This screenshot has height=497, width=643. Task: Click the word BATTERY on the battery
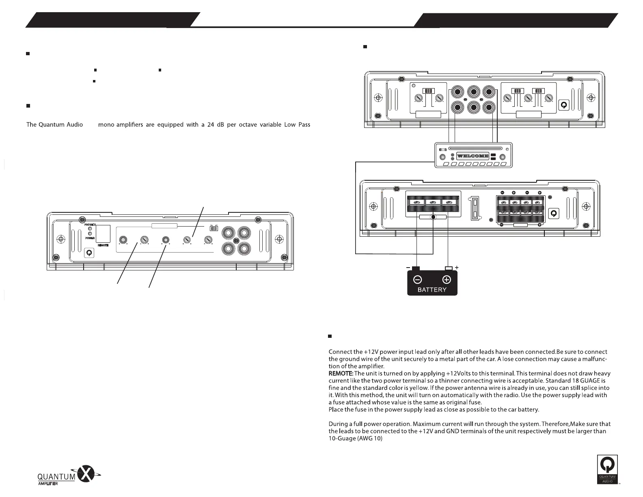(432, 290)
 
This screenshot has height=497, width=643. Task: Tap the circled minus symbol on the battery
(417, 279)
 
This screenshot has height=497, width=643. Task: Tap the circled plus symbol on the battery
(447, 279)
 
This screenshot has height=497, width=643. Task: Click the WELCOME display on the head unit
(473, 156)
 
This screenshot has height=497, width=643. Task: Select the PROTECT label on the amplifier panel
(90, 225)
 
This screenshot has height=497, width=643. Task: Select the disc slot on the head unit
(473, 149)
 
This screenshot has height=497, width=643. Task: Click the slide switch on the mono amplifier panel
(214, 229)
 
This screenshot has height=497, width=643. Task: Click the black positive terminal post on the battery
(448, 268)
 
